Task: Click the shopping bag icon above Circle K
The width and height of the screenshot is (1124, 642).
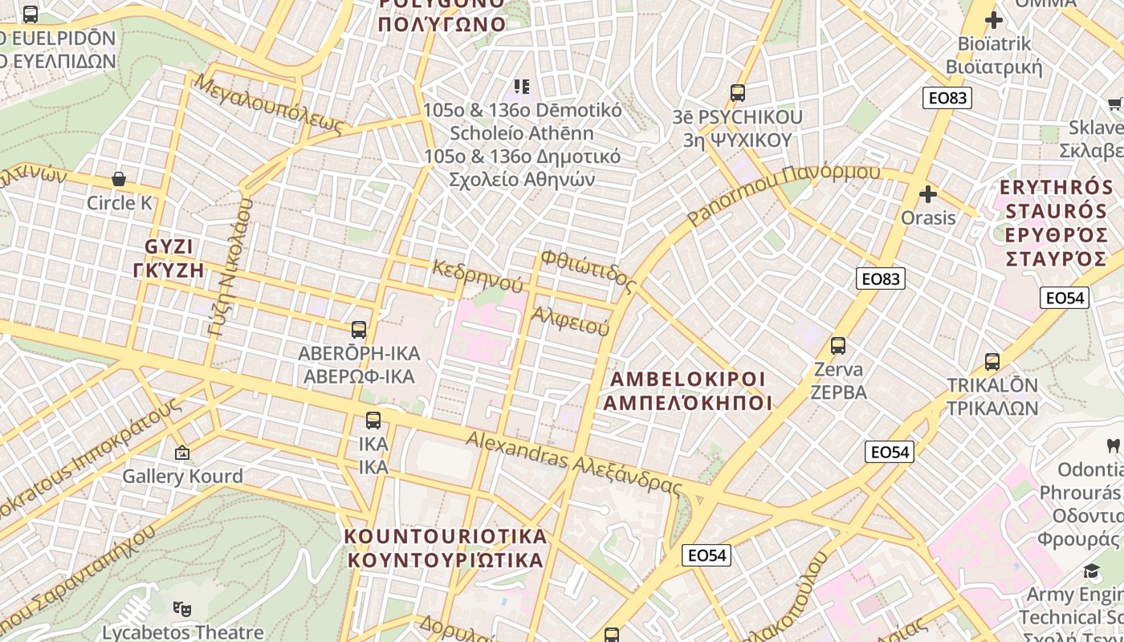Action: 119,179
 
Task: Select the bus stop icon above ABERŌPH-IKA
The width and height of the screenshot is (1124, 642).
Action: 359,329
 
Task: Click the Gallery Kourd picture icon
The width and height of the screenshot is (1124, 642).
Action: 182,453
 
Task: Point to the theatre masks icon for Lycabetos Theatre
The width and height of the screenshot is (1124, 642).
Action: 182,609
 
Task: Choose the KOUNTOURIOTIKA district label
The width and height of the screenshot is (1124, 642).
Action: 446,548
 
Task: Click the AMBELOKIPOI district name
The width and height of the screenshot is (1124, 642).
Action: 688,390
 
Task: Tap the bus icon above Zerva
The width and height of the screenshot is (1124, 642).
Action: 838,346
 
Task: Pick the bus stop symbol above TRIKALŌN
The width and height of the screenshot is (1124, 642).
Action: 992,361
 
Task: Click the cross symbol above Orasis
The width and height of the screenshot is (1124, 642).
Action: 928,194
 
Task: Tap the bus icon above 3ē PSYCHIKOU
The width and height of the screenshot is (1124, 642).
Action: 738,93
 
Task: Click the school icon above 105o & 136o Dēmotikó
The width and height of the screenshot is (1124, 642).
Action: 522,86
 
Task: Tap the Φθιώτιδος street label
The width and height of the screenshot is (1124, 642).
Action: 588,270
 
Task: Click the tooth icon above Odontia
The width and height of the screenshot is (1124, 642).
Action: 1113,445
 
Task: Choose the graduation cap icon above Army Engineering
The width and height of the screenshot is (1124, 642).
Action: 1091,571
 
